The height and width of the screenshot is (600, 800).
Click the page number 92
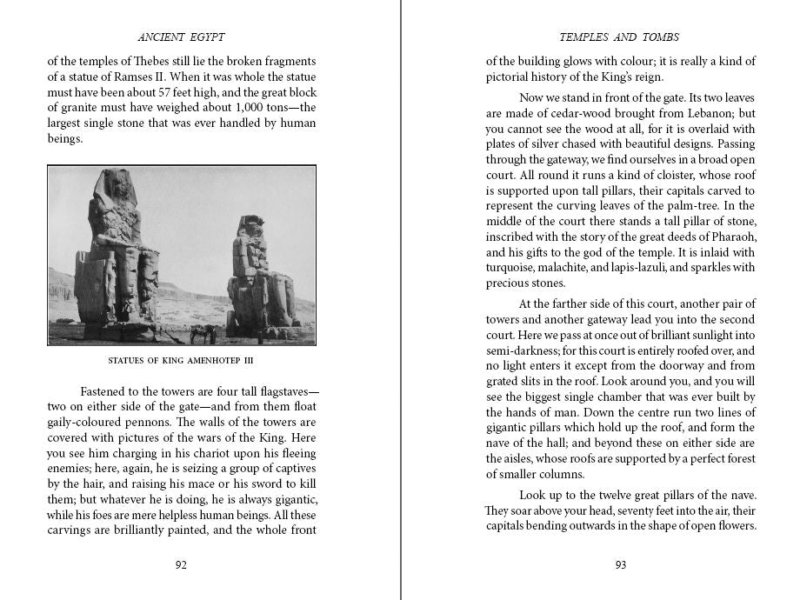pos(181,564)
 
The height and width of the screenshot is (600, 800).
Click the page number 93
pos(621,564)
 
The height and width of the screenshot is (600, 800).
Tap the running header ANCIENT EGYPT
pos(182,37)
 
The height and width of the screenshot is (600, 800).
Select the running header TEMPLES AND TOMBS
pos(620,37)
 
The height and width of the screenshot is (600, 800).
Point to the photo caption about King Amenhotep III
pos(181,360)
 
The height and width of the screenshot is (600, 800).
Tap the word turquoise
pos(515,268)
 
